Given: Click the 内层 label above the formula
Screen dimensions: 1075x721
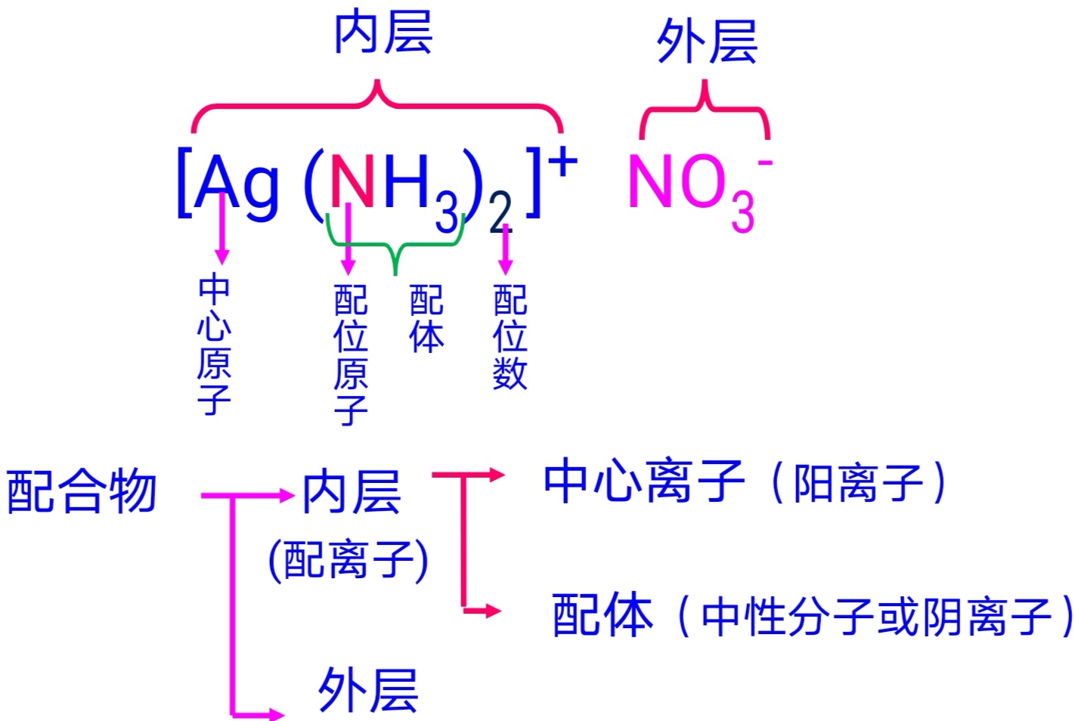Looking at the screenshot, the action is (383, 33).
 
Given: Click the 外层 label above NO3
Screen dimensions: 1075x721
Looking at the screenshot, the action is (706, 42).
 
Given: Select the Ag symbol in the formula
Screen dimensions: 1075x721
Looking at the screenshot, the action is (236, 184).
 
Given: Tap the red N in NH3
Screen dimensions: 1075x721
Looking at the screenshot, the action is (352, 181).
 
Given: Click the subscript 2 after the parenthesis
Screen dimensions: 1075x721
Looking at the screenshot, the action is (500, 215).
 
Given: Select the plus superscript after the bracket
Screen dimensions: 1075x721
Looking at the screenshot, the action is (562, 162).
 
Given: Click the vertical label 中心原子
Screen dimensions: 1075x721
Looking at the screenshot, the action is (214, 344).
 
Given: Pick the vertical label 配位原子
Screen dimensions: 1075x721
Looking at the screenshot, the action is (351, 354).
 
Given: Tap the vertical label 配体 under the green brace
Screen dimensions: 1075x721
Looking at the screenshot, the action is (426, 319).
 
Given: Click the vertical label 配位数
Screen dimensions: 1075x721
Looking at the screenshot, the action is (510, 336).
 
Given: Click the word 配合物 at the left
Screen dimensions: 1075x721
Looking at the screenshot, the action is (82, 491).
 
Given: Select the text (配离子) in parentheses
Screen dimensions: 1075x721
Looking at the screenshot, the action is (349, 561).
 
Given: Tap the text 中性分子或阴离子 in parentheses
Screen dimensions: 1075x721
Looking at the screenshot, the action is (877, 617).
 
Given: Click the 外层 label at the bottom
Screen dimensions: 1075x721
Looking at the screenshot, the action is (367, 689).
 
